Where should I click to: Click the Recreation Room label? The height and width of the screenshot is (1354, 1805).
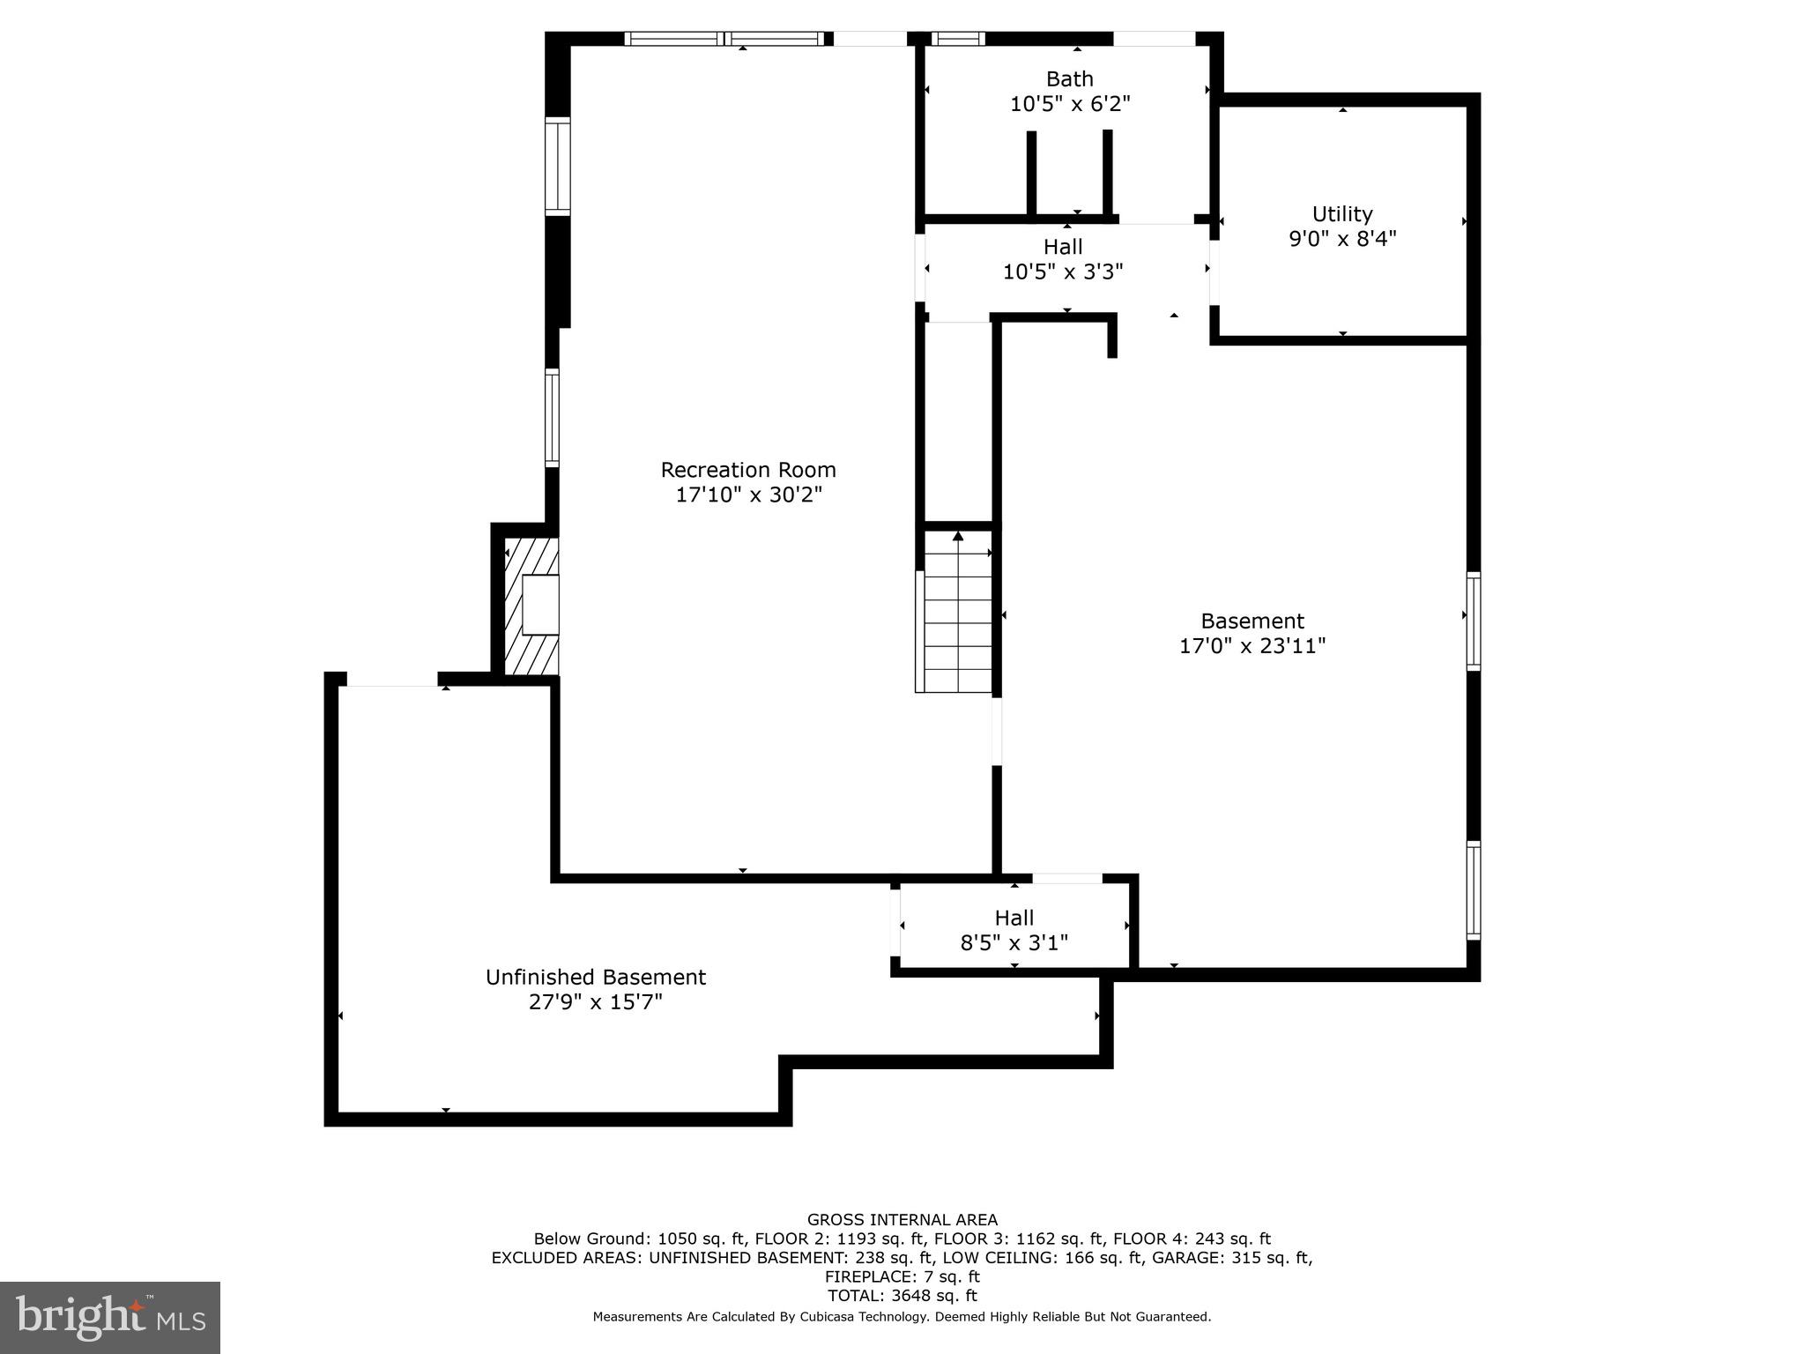pos(748,470)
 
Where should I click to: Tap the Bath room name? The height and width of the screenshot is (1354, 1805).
pos(1069,79)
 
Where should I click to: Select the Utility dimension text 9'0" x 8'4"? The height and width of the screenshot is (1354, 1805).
pos(1342,239)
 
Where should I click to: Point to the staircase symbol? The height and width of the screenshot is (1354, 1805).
pos(956,617)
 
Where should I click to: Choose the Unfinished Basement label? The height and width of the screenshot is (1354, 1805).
pos(596,977)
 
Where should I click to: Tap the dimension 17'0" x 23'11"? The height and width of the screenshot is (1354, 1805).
pos(1252,646)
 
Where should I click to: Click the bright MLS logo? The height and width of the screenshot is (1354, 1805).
pos(109,1317)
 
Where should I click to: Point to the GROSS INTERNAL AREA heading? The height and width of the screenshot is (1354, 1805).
pos(902,1220)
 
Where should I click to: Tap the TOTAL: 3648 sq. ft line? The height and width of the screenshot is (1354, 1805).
pos(902,1296)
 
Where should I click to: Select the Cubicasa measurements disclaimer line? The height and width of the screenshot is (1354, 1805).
pos(902,1317)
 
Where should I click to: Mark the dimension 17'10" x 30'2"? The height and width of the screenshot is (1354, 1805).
pos(748,495)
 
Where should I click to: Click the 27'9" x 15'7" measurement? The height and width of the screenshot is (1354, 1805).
pos(596,1002)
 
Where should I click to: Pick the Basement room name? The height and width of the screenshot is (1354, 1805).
pos(1252,621)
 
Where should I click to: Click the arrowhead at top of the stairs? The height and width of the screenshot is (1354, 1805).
pos(958,535)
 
